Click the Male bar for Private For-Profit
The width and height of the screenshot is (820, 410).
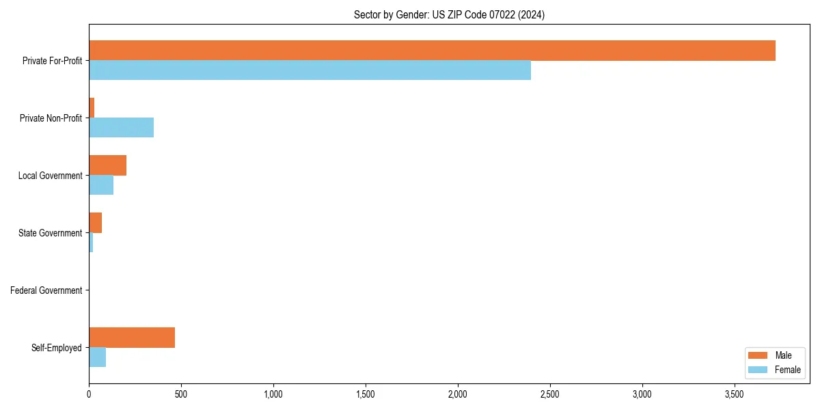coord(432,51)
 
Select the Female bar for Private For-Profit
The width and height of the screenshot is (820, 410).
coord(310,70)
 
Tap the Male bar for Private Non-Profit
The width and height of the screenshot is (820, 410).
coord(92,108)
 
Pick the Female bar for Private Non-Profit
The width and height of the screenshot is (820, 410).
coord(121,128)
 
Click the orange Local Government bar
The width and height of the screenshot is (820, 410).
coord(107,165)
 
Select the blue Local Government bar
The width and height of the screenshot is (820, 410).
coord(101,185)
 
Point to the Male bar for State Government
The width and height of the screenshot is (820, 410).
coord(95,223)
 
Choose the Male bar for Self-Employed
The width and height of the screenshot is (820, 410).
coord(132,338)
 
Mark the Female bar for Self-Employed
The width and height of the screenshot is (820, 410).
coord(97,357)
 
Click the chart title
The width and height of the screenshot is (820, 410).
coord(449,14)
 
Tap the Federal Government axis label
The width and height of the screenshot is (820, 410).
coord(46,290)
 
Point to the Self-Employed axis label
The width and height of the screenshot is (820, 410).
coord(57,348)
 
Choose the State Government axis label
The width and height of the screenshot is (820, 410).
coord(51,233)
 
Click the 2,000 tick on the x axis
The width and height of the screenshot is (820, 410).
coord(457,394)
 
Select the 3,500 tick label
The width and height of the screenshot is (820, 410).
coord(734,394)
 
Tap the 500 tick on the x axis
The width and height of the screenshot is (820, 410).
coord(181,394)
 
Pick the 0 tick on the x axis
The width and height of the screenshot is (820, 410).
coord(89,394)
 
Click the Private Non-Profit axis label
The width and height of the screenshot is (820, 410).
coord(51,118)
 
